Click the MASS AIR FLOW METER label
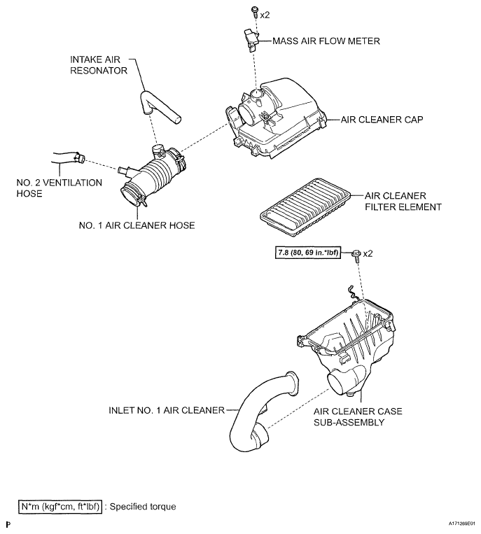[x=326, y=41]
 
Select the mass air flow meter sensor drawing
[x=251, y=40]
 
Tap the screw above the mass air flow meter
[x=254, y=13]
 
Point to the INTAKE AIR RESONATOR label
[x=99, y=65]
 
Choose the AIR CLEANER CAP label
[x=382, y=120]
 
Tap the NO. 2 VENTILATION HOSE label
[x=60, y=188]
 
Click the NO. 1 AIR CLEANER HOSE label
[x=137, y=225]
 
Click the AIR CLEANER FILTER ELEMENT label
[x=403, y=202]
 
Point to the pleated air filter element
[x=305, y=207]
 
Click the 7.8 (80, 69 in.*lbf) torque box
[x=308, y=253]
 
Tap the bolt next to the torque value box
[x=356, y=255]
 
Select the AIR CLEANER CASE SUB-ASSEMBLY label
[x=358, y=416]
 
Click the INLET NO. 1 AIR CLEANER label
[x=167, y=410]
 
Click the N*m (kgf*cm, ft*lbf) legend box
[x=60, y=507]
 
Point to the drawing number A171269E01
[x=461, y=523]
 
